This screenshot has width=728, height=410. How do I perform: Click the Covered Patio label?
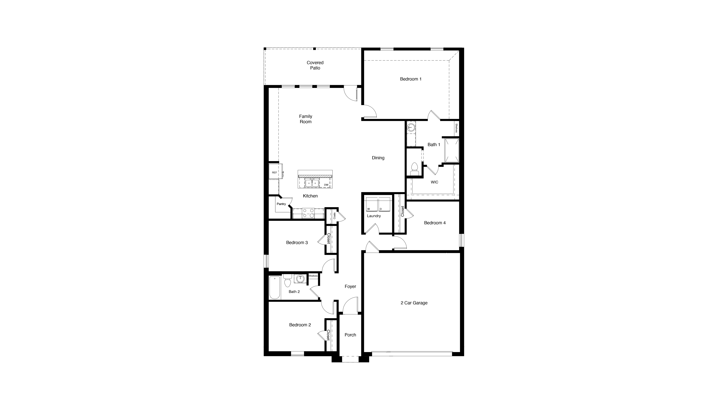315,65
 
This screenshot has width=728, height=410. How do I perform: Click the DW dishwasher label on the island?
326,185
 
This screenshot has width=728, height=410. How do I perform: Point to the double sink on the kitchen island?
312,183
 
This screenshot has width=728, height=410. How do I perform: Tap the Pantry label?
281,204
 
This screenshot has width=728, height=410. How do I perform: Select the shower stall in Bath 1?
452,150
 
